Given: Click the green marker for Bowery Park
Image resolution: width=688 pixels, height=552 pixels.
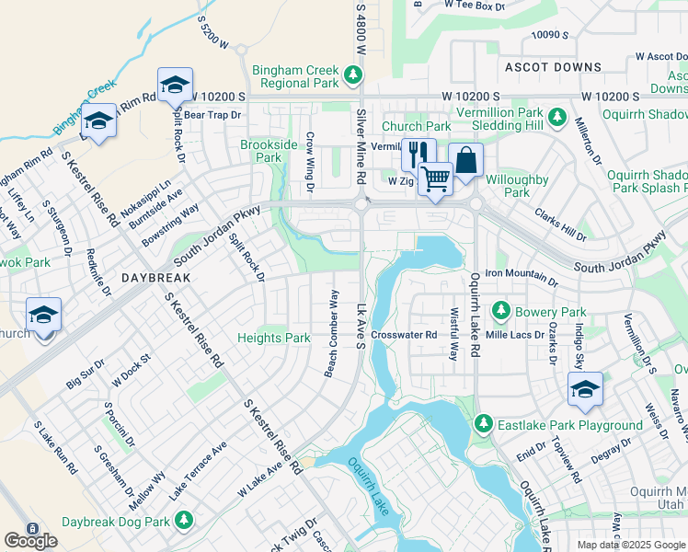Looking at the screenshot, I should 501,312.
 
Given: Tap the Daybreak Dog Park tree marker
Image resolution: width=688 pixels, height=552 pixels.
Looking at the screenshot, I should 184,521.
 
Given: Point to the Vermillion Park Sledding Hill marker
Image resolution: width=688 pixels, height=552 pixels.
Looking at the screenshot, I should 556,118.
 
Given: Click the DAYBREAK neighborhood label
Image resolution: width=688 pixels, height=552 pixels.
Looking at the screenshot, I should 155,277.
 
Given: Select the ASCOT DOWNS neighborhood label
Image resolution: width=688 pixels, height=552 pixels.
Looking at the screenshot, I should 553,67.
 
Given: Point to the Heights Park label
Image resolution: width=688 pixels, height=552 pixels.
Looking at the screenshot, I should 274,338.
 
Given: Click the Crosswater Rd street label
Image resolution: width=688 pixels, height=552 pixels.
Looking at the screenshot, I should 404,335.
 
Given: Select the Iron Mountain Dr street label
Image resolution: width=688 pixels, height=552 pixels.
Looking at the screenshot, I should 521,273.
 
